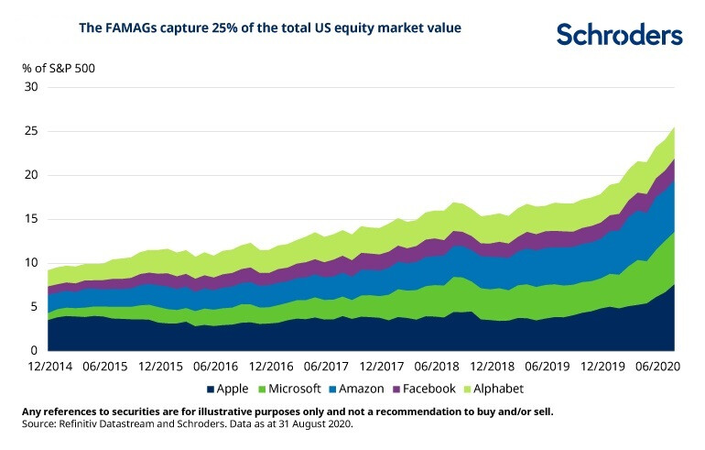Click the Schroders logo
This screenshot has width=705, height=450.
(x=619, y=34)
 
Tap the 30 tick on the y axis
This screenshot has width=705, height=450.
(x=31, y=87)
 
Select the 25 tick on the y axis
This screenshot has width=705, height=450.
(x=31, y=131)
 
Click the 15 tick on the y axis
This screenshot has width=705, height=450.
(x=31, y=219)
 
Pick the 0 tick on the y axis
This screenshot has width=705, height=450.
(x=35, y=351)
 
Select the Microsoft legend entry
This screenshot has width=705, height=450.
(x=294, y=389)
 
